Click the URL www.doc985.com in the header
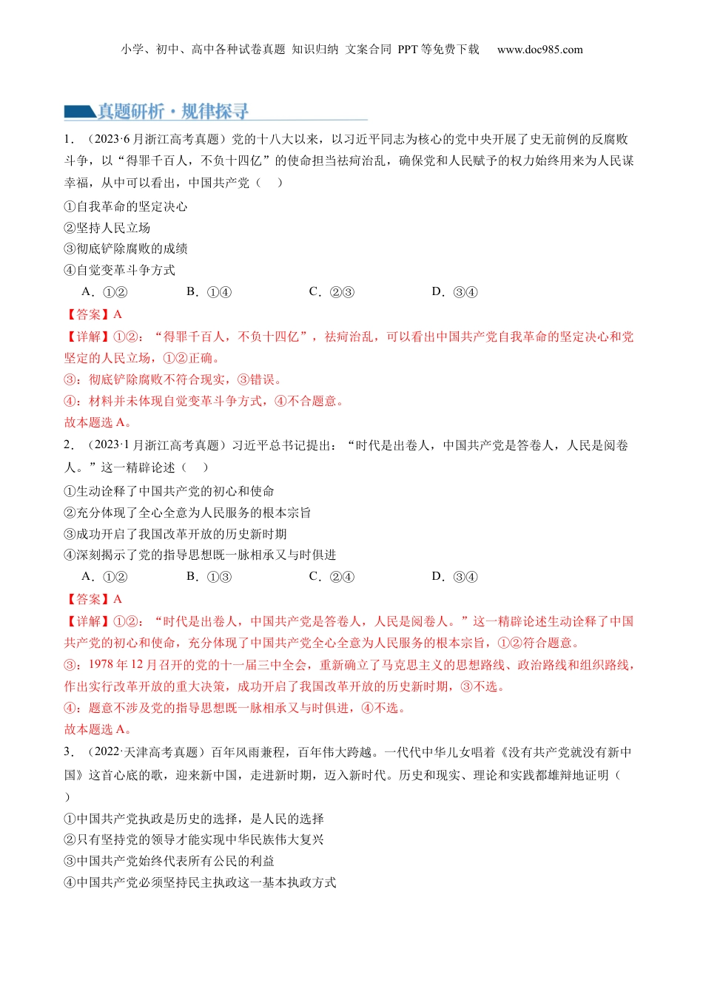[539, 50]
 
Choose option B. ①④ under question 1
[209, 291]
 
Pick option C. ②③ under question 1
[332, 291]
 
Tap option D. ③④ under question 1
[454, 291]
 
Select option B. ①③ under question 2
[209, 576]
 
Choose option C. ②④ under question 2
[332, 576]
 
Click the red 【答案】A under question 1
[93, 314]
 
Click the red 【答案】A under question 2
[93, 599]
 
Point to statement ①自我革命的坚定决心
[126, 206]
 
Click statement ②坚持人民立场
[107, 228]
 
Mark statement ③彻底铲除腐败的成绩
[126, 248]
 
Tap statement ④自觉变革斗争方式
[120, 270]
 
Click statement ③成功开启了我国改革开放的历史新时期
[175, 534]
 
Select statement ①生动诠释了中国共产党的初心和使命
[169, 491]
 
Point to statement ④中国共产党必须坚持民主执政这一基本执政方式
[200, 882]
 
